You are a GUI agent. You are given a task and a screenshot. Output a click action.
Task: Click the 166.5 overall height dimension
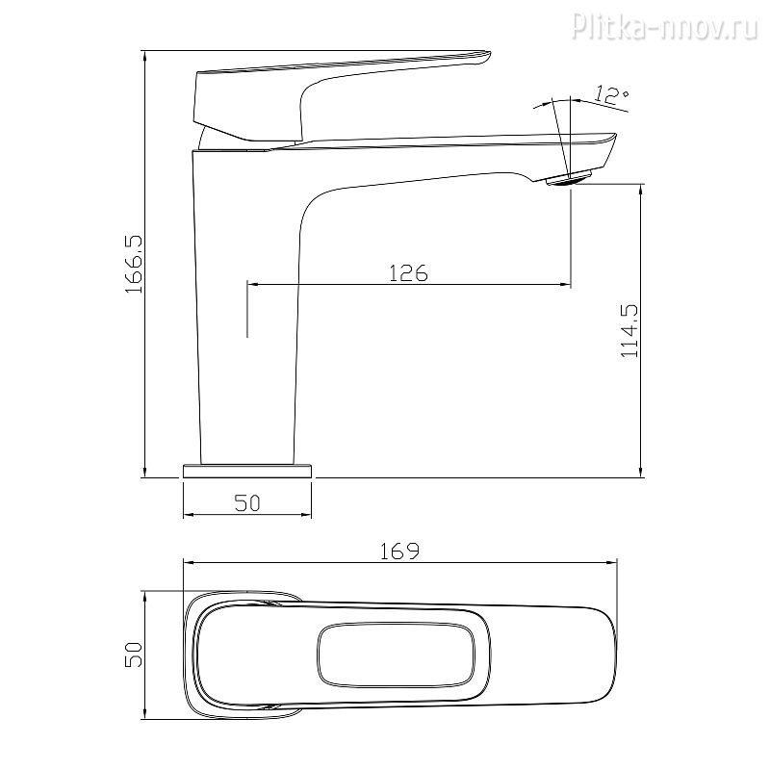pyautogui.click(x=133, y=264)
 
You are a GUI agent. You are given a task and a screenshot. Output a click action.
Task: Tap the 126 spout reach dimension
pyautogui.click(x=408, y=272)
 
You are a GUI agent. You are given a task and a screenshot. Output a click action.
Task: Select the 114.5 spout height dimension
pyautogui.click(x=629, y=330)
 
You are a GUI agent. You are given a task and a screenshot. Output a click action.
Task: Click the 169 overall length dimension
pyautogui.click(x=399, y=551)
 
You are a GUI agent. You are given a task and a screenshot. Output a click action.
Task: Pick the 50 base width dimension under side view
pyautogui.click(x=247, y=502)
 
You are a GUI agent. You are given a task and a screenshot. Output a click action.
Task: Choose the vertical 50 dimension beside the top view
pyautogui.click(x=133, y=654)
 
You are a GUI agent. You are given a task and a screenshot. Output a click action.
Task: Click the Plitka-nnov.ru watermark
pyautogui.click(x=665, y=26)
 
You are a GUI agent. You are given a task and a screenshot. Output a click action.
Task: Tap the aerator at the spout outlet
pyautogui.click(x=570, y=179)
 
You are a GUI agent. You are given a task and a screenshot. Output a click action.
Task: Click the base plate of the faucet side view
pyautogui.click(x=247, y=471)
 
